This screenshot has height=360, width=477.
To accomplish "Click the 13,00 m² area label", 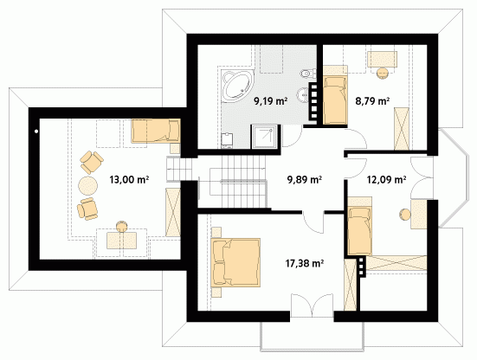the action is click(x=129, y=179).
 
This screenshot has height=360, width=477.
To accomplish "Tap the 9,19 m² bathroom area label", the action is click(x=271, y=100).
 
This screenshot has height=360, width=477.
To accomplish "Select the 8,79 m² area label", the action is click(x=372, y=100).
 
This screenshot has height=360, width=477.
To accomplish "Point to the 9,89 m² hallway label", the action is click(x=305, y=179).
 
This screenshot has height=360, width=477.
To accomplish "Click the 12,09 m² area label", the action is click(x=387, y=179).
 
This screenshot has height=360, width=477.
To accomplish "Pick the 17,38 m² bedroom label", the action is click(x=304, y=263).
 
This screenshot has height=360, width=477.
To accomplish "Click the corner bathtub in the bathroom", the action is click(x=237, y=85).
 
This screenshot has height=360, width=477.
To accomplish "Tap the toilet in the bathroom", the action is click(x=308, y=73).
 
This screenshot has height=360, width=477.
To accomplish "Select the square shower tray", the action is click(x=264, y=137).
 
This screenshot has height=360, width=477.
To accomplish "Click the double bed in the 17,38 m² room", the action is click(x=235, y=263).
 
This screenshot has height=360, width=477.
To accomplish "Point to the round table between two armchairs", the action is click(x=88, y=185).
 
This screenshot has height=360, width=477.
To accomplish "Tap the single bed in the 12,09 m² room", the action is click(x=360, y=226).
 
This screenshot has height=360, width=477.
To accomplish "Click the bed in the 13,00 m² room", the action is click(x=156, y=131).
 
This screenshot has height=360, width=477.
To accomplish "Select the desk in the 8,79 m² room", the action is click(x=382, y=59).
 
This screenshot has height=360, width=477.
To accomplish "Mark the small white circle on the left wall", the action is click(x=36, y=132).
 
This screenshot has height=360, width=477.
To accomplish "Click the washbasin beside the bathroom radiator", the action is click(x=303, y=94).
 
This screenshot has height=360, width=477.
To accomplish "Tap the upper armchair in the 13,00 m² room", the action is click(x=91, y=162).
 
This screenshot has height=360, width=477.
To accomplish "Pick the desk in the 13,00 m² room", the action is click(x=122, y=241).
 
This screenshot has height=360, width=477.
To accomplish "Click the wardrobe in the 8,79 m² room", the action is click(x=402, y=129).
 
